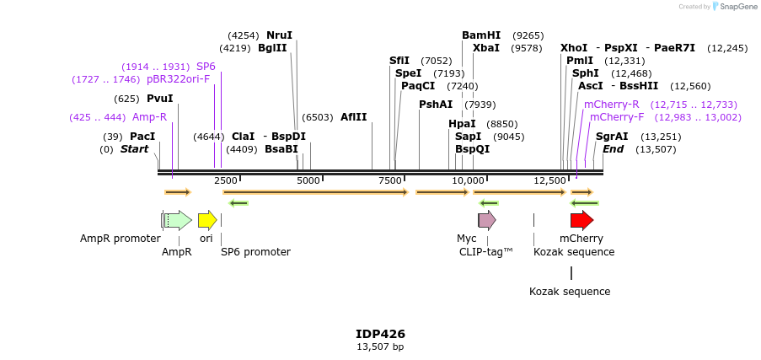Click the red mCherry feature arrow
581,220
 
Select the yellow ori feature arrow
206,220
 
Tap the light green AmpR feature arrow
178,220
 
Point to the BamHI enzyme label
481,35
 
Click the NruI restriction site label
279,35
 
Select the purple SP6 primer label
206,67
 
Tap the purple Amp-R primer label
149,117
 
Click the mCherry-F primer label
617,117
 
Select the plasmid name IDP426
380,334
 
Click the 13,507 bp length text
380,347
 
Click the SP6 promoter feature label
255,251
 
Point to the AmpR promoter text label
120,239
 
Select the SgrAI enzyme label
612,137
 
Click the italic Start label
134,149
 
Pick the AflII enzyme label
354,117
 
